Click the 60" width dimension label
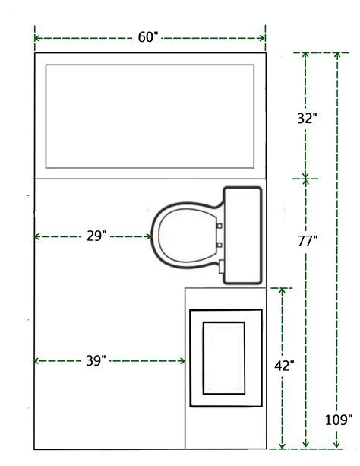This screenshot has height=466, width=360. [149, 37]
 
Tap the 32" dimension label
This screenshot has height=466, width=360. [307, 118]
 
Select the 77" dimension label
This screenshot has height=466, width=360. [307, 241]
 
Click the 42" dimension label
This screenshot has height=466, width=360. [284, 365]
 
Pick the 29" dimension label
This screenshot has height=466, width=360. [96, 236]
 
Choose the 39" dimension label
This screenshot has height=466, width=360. [96, 362]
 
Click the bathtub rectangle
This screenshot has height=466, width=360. [149, 116]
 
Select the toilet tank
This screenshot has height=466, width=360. [245, 236]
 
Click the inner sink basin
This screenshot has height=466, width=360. [224, 357]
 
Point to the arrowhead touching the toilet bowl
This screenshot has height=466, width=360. [149, 236]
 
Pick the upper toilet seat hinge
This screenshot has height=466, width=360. [219, 226]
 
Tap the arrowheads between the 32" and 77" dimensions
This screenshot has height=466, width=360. [306, 178]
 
